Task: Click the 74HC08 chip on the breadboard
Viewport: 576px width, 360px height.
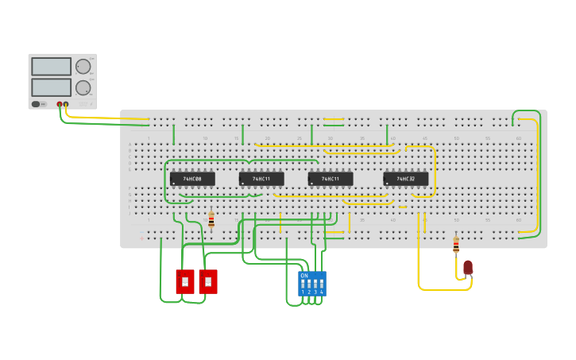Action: tap(192, 179)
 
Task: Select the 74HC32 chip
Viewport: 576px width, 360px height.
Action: tap(405, 179)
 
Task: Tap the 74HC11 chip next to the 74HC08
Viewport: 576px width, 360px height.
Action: tap(261, 179)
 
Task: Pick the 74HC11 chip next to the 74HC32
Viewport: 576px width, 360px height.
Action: tap(331, 179)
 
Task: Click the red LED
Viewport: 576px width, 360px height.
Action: tap(468, 267)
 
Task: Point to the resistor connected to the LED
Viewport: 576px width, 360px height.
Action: tap(455, 245)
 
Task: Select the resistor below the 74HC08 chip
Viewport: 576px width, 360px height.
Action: tap(211, 220)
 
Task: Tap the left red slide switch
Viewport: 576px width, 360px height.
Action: tap(185, 281)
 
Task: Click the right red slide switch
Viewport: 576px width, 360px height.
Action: tap(208, 281)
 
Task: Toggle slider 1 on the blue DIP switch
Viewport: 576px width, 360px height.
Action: tap(302, 284)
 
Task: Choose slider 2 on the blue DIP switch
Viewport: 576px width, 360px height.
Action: tap(308, 284)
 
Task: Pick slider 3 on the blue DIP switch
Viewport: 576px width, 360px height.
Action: tap(315, 284)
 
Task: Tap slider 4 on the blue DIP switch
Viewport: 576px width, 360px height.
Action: tap(322, 284)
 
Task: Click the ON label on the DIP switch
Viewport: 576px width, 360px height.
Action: tap(304, 275)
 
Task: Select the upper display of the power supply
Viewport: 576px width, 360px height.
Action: tap(51, 67)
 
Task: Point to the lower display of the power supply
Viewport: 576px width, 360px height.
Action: tap(51, 87)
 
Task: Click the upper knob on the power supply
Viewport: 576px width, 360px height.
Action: tap(83, 67)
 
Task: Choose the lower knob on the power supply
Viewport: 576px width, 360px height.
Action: tap(83, 87)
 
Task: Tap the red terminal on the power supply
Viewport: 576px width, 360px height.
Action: tap(60, 104)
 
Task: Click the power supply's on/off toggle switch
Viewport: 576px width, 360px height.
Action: tap(37, 104)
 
